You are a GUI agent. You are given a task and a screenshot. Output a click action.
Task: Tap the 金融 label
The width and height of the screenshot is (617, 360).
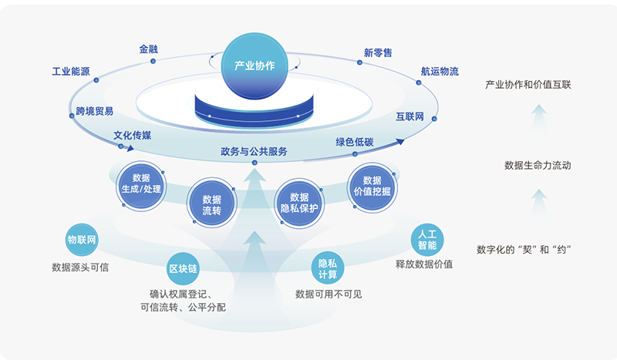(x=150, y=49)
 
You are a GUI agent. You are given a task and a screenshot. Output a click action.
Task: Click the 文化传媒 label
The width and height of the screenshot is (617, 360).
(x=133, y=135)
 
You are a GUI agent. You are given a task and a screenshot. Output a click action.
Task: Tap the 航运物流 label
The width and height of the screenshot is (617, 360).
(x=440, y=72)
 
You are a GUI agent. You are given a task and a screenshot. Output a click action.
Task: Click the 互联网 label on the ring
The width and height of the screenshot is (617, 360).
(x=410, y=117)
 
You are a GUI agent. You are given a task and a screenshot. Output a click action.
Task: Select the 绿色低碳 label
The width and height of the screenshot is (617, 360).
(x=354, y=142)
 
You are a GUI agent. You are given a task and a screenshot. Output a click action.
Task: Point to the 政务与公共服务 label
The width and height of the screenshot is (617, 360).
(x=254, y=152)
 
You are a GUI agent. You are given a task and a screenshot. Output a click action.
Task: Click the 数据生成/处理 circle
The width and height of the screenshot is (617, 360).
(x=141, y=183)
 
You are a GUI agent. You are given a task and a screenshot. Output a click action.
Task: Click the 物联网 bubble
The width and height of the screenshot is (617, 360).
(x=82, y=239)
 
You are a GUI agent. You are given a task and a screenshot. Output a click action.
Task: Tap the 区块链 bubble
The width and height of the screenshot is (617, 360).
(x=184, y=269)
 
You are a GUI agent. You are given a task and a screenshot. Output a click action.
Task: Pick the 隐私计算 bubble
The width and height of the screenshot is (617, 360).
(x=327, y=269)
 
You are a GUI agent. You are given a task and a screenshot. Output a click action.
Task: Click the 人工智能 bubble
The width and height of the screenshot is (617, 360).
(x=427, y=240)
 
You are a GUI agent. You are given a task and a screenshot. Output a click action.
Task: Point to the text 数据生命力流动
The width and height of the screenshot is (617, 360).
(x=538, y=165)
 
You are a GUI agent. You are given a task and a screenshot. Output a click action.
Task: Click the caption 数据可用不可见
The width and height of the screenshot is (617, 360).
(x=329, y=294)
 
